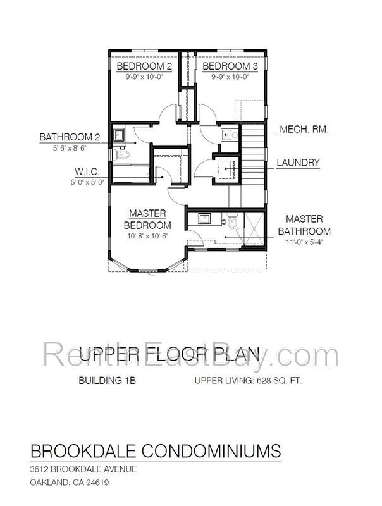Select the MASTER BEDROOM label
click(147, 219)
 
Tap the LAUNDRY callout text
click(298, 163)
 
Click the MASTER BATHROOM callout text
click(305, 225)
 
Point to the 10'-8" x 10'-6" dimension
click(147, 236)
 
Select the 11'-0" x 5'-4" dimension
click(305, 241)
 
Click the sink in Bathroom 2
click(120, 133)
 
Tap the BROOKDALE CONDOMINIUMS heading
click(156, 450)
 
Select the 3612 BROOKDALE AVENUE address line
click(83, 470)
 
